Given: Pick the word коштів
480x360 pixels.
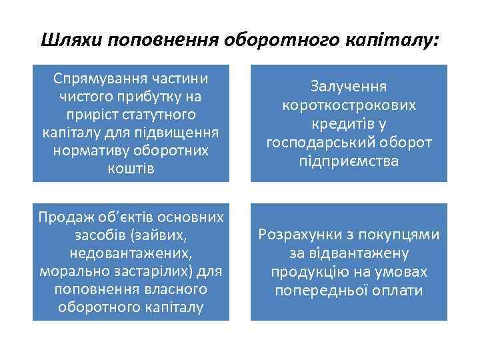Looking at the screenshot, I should [131, 169].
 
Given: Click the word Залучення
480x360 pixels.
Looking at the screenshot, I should [349, 87].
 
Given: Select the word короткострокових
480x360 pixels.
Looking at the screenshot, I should [349, 106].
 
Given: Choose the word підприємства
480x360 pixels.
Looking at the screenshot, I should [349, 161].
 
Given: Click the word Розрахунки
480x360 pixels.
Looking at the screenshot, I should [300, 235].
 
